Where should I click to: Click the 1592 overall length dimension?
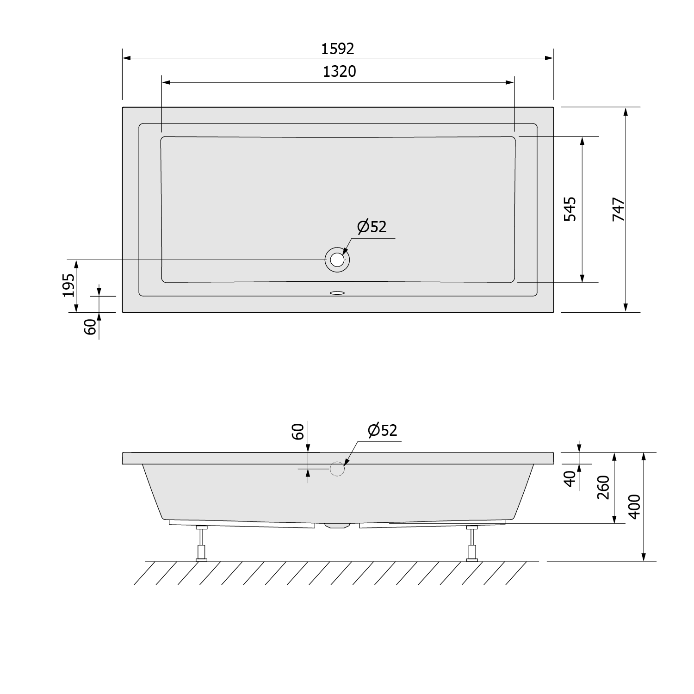coord(338,48)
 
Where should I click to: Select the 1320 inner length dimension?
coord(339,71)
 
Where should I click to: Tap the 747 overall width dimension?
coord(619,209)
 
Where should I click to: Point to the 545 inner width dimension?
coord(570,209)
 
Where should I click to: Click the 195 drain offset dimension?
coord(68,285)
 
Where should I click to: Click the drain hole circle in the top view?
coord(337,260)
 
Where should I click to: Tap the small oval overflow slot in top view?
coord(337,292)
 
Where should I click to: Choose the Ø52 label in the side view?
coord(383,430)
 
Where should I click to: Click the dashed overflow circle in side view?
coord(337,469)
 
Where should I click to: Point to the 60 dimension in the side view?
coord(298,431)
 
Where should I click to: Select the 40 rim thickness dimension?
coord(570,478)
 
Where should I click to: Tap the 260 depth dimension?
coord(603,487)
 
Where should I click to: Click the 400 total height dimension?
coord(635,507)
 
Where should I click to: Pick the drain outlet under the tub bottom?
coord(337,526)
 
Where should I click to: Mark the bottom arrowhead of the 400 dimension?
coord(643,558)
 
